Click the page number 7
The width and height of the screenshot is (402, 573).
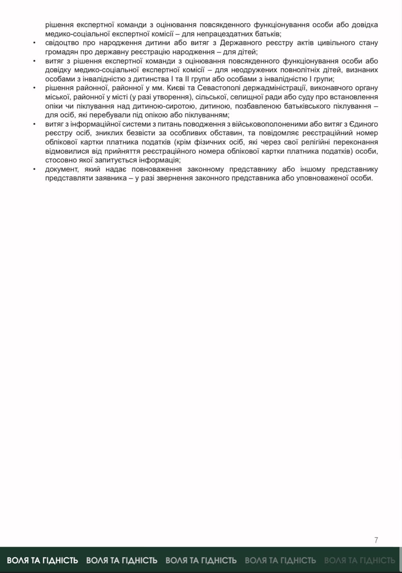pyautogui.click(x=376, y=540)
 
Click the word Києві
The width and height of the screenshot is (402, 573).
pyautogui.click(x=182, y=88)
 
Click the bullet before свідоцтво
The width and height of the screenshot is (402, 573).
pyautogui.click(x=34, y=43)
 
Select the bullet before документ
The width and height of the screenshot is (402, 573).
pyautogui.click(x=34, y=169)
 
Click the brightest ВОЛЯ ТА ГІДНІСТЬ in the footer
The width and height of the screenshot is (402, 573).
pyautogui.click(x=43, y=560)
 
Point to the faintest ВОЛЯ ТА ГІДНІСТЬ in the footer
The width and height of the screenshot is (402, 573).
pyautogui.click(x=359, y=560)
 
